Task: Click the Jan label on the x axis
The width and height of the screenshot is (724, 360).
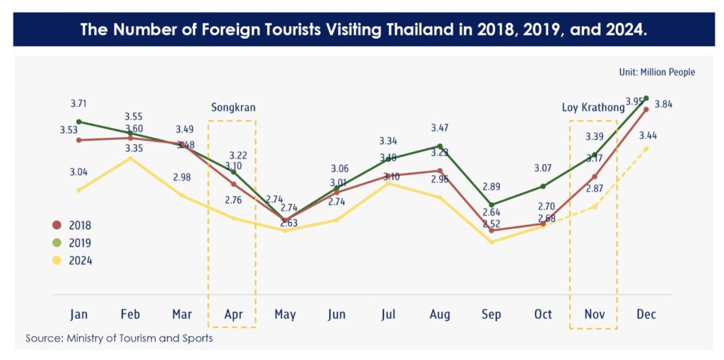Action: pyautogui.click(x=78, y=314)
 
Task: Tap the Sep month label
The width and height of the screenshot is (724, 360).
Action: pyautogui.click(x=491, y=314)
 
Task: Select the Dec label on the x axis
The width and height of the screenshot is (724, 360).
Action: pyautogui.click(x=646, y=314)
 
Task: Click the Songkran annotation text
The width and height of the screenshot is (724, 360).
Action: pyautogui.click(x=233, y=108)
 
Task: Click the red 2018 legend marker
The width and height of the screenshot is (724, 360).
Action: pyautogui.click(x=58, y=226)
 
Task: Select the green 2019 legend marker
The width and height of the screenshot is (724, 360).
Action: pyautogui.click(x=58, y=243)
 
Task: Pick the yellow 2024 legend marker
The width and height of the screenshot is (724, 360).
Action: pyautogui.click(x=58, y=260)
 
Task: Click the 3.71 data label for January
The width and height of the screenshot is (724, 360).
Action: pyautogui.click(x=78, y=104)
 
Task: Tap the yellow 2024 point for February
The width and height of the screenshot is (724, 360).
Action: pyautogui.click(x=130, y=158)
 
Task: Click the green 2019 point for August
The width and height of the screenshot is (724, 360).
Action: pyautogui.click(x=440, y=146)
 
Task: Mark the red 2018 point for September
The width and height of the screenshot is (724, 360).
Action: pyautogui.click(x=491, y=230)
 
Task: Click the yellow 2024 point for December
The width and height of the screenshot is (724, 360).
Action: pyautogui.click(x=646, y=149)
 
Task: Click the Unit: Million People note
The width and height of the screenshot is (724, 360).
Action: pyautogui.click(x=657, y=72)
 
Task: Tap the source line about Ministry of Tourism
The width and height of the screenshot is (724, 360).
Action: pyautogui.click(x=119, y=338)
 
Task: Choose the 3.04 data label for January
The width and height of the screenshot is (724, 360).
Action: pyautogui.click(x=78, y=173)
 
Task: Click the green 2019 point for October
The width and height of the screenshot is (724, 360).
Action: pyautogui.click(x=543, y=186)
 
